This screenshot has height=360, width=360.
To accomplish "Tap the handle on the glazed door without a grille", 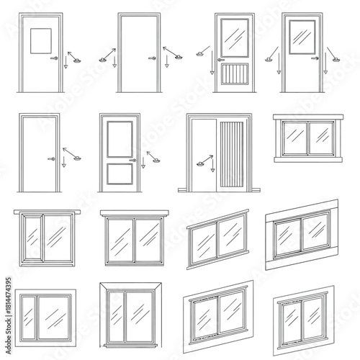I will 315,58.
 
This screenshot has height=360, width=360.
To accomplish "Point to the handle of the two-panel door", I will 132,160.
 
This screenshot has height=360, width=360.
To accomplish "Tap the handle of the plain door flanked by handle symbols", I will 150,58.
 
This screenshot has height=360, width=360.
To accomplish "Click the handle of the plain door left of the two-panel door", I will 50,160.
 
